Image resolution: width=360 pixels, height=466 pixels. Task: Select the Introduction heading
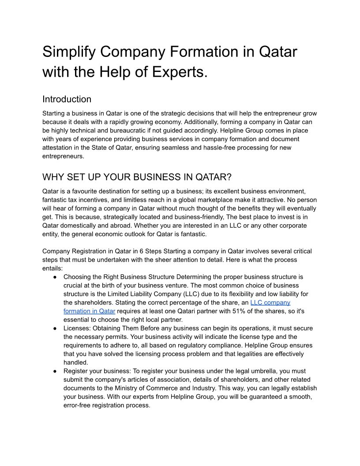[67, 99]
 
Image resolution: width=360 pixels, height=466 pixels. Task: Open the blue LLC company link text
[270, 302]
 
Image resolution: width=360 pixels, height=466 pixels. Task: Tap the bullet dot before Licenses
[55, 328]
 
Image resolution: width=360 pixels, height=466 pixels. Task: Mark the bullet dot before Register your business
[55, 371]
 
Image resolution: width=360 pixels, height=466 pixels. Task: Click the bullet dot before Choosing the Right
[55, 277]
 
